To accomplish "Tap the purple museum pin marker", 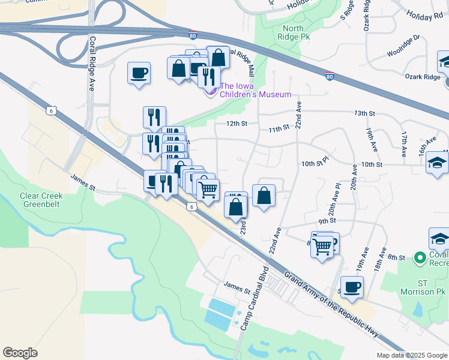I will coord(211,91).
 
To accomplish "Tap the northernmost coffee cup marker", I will coord(139,73).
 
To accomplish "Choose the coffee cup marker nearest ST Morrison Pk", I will coord(352,287).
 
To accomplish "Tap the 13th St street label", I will coord(364,113).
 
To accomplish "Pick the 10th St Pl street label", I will coord(315,162).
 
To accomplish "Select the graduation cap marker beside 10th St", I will coord(438,162).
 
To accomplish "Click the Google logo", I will coord(20,352).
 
